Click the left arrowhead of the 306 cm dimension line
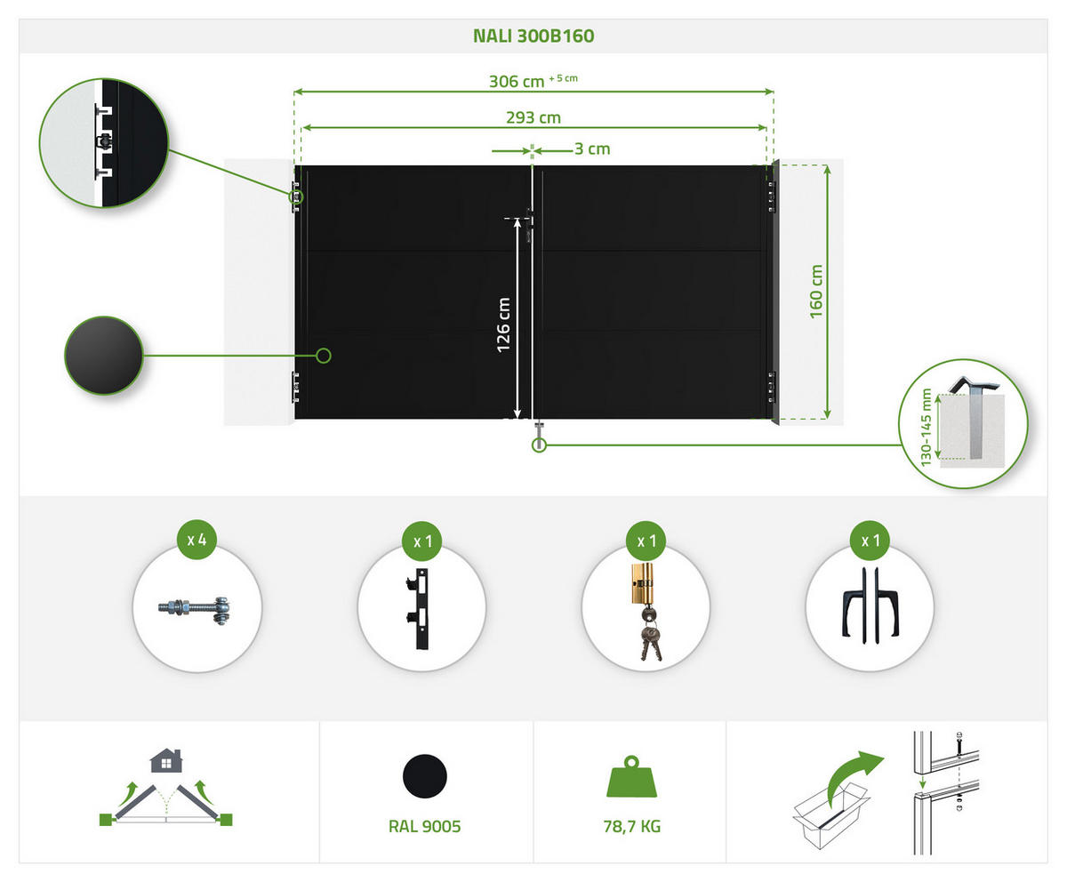point(297,92)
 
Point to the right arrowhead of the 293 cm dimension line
point(763,128)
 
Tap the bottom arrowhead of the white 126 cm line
point(517,415)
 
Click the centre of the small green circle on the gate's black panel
point(324,356)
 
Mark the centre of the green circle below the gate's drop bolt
point(539,445)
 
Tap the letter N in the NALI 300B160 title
point(479,36)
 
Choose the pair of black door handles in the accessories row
point(870,605)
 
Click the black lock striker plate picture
point(419,609)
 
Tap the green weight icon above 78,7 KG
point(631,776)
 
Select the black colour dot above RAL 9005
point(425,776)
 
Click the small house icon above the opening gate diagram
point(166,760)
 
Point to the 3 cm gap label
point(592,148)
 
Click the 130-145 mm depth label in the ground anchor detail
point(926,427)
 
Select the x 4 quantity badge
point(197,540)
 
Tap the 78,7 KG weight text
point(632,826)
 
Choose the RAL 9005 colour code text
point(425,826)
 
